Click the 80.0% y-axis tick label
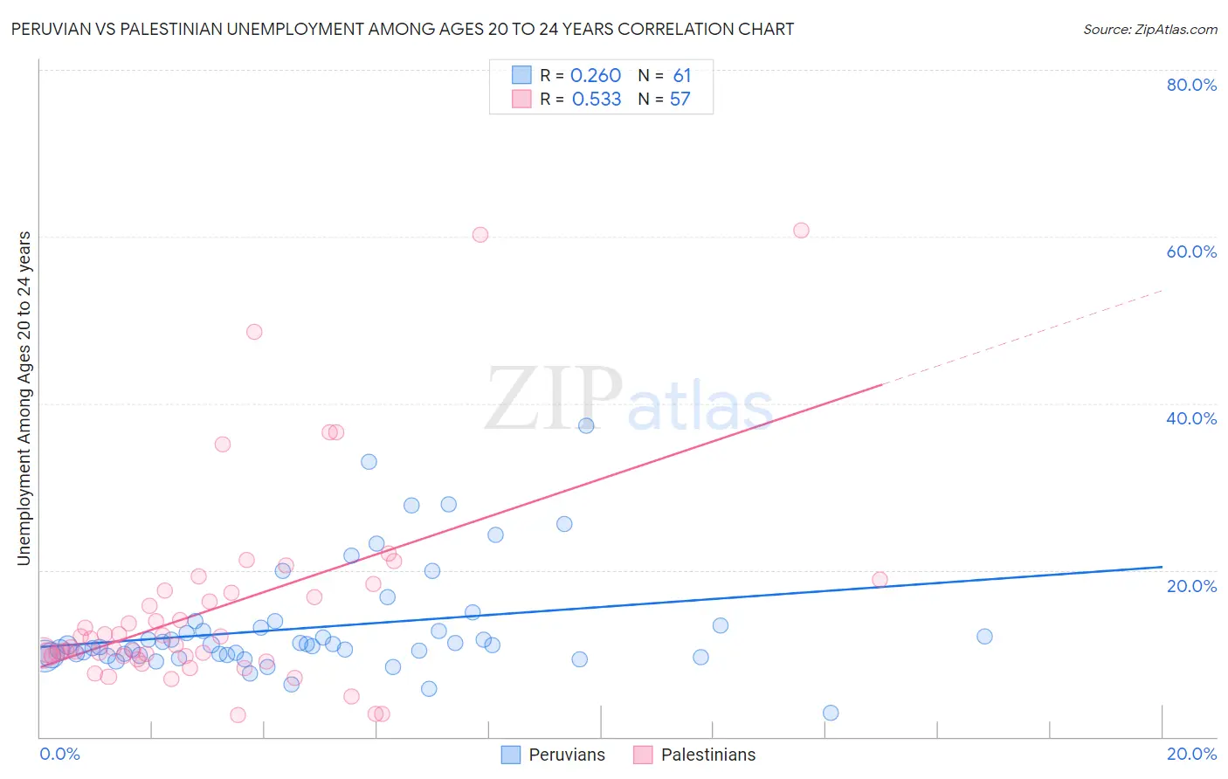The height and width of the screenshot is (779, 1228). coord(1191,85)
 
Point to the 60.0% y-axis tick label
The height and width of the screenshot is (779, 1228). coord(1191,252)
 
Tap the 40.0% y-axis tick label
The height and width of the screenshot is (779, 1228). coord(1191,418)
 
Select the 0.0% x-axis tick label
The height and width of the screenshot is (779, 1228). coord(59,754)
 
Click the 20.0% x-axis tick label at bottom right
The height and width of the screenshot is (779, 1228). coord(1191,754)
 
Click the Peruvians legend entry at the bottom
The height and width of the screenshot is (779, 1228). coord(566,755)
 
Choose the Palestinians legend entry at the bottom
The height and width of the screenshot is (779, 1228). coord(707,755)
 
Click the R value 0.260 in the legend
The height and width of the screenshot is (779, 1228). coord(596,76)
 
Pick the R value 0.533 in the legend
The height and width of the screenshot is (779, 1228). coord(597,100)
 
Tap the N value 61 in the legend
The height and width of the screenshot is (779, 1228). coord(682,76)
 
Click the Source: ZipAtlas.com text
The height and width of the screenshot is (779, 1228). coord(1149,30)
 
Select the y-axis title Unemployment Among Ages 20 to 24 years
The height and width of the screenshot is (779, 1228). coord(24,398)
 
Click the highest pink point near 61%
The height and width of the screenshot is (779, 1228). coord(801,231)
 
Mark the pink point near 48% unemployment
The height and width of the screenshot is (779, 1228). coord(254,332)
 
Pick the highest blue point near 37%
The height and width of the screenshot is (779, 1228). coord(586,425)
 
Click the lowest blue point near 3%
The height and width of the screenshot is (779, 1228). coord(831,713)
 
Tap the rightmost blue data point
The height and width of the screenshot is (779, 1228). coord(984,637)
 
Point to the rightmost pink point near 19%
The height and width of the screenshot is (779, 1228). coord(880,580)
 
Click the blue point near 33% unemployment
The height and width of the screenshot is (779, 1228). coord(369,462)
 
